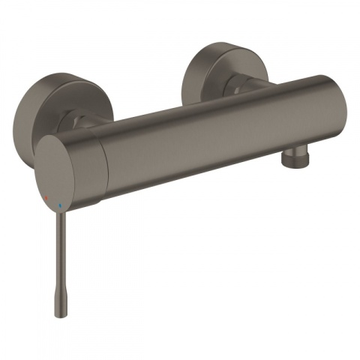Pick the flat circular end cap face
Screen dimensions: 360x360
coord(63,169)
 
